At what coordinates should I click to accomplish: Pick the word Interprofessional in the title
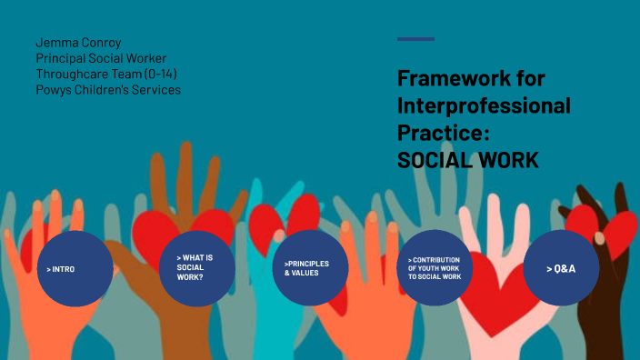point(484,105)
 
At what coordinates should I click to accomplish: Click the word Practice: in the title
point(443,133)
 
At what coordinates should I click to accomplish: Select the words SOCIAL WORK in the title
point(467,160)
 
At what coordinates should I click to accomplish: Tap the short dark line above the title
point(415,39)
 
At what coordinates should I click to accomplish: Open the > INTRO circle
point(75,268)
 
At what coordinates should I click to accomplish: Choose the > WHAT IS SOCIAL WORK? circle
point(198,267)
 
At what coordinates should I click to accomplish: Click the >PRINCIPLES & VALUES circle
point(311,267)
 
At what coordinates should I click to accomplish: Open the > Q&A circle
point(560,268)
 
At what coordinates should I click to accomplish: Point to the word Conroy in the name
point(102,43)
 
